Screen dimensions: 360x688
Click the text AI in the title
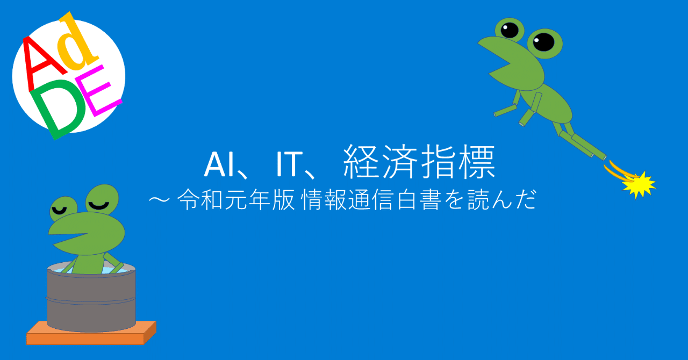[x=219, y=165]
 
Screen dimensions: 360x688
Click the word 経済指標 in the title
[x=419, y=164]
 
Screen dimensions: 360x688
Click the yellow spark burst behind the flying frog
[x=639, y=184]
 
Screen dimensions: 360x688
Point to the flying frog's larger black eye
[x=543, y=41]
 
